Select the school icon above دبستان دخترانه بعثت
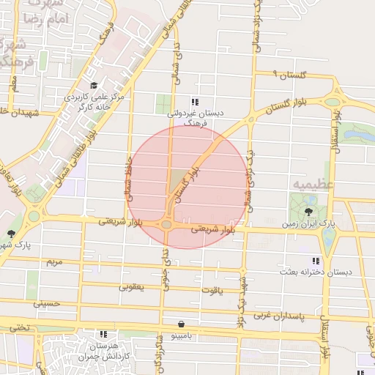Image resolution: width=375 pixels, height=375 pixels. pyautogui.click(x=316, y=261)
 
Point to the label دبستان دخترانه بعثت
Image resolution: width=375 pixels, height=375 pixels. pyautogui.click(x=315, y=272)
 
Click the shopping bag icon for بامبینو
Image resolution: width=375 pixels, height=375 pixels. pyautogui.click(x=180, y=323)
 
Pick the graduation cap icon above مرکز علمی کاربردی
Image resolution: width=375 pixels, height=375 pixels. pyautogui.click(x=94, y=86)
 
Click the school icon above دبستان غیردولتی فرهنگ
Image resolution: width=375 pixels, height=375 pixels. pyautogui.click(x=194, y=103)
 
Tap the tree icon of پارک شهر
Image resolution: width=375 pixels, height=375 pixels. pyautogui.click(x=12, y=234)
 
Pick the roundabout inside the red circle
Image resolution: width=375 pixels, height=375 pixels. pyautogui.click(x=167, y=224)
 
